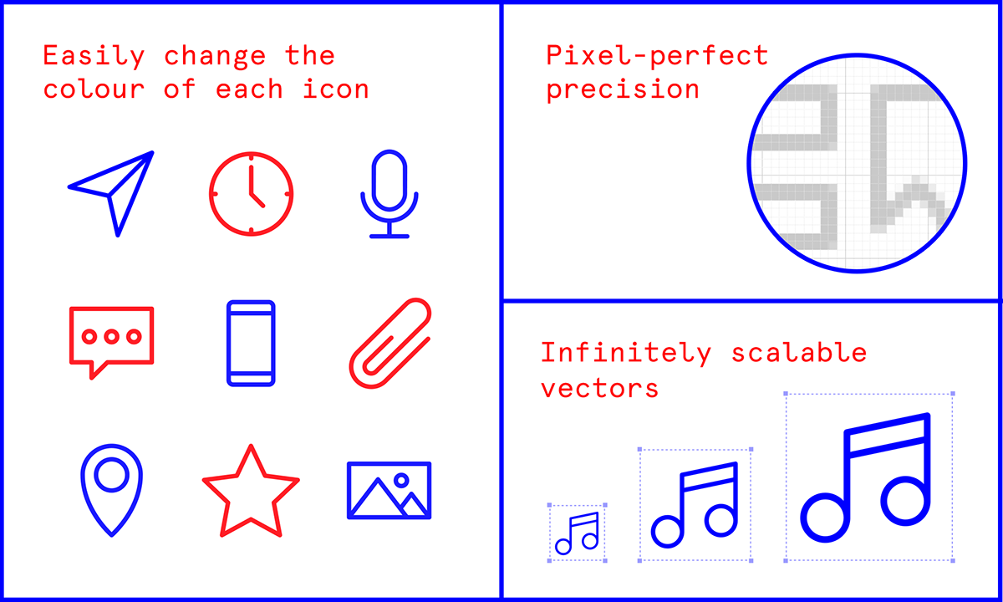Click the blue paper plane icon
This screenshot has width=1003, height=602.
point(115,191)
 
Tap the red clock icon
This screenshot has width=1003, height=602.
point(251,194)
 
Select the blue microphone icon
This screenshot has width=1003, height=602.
point(389,194)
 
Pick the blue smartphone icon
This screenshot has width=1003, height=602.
point(251,343)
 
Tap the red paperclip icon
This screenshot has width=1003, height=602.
point(389,343)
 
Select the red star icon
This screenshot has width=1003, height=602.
point(250,494)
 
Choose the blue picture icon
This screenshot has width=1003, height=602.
point(389,490)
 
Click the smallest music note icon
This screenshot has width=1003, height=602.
point(578,533)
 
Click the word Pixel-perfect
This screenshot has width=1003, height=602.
point(656,56)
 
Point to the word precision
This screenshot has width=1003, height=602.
point(623,89)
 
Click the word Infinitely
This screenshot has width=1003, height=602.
point(625,353)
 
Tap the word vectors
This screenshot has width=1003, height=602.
point(599,388)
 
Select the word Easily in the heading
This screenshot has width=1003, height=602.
point(94,57)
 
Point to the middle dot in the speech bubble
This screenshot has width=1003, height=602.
point(111,336)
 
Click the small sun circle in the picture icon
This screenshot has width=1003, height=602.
point(401,480)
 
